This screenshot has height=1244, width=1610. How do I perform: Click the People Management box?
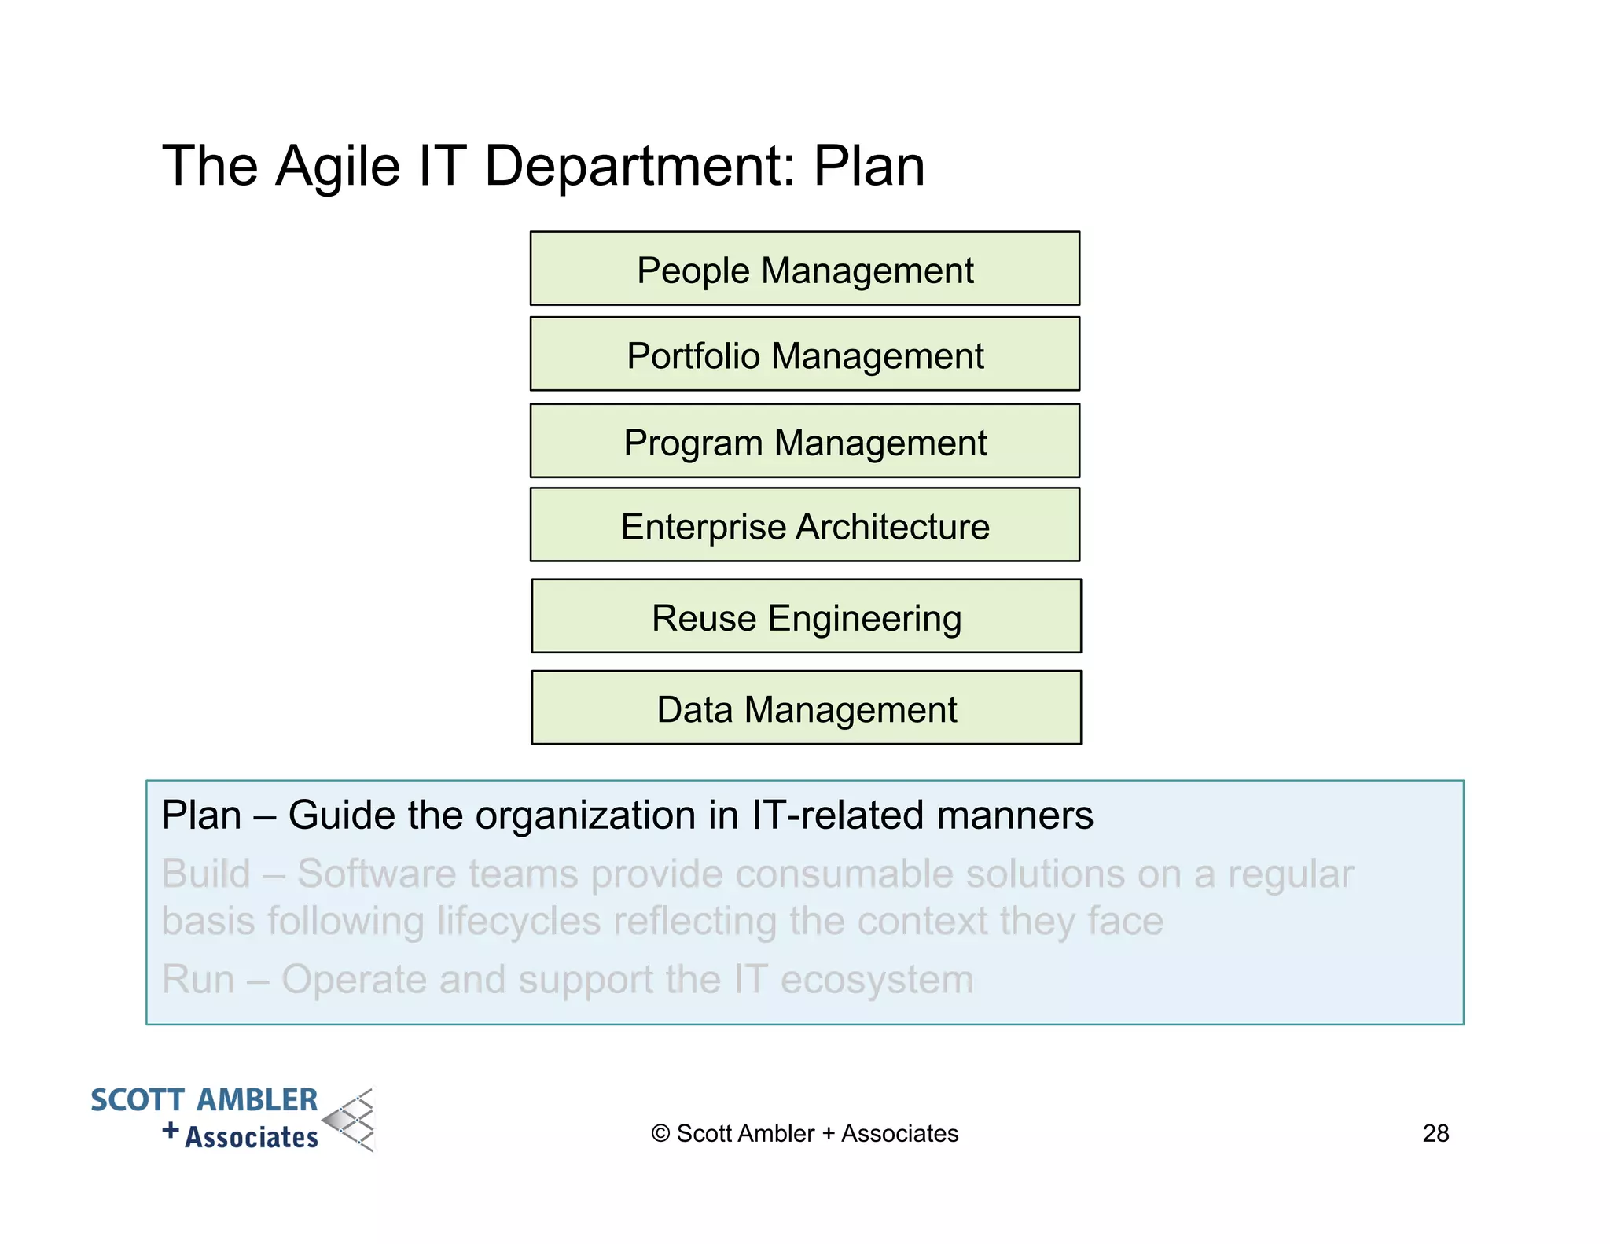coord(804,269)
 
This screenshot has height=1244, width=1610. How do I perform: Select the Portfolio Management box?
coord(804,355)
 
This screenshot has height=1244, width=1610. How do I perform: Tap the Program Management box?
coord(804,441)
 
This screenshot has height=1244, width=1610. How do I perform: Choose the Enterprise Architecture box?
coord(804,525)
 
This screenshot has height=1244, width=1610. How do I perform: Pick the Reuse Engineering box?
coord(806,616)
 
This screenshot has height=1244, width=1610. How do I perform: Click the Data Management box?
coord(806,708)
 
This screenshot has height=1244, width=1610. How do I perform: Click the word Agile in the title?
coord(338,167)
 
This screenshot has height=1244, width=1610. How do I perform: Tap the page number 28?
coord(1435,1133)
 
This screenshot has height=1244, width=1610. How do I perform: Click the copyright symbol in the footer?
coord(660,1134)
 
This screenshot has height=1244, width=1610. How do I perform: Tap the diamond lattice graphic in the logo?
coord(351,1120)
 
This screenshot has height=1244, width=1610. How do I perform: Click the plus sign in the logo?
coord(171,1131)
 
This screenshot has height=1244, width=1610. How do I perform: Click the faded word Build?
coord(206,874)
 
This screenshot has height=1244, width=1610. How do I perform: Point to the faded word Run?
coord(198,979)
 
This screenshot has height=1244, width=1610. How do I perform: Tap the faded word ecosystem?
coord(876,980)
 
